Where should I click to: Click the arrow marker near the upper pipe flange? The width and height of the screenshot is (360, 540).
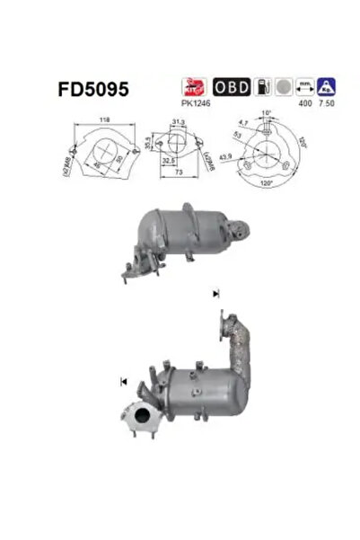[x=216, y=293]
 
